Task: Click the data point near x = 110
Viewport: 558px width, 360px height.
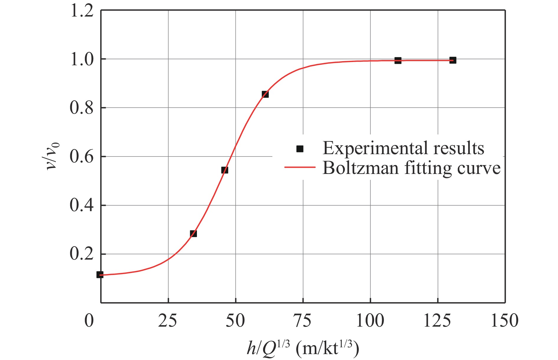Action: [x=398, y=61]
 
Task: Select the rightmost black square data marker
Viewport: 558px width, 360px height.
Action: [x=453, y=60]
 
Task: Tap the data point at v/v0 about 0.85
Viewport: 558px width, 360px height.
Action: [x=265, y=94]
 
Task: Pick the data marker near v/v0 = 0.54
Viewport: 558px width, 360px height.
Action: [x=225, y=170]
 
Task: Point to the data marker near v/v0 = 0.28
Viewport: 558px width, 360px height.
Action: [x=193, y=234]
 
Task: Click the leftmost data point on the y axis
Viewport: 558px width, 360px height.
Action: [x=100, y=275]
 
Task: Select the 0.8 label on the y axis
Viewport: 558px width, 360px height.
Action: [x=82, y=108]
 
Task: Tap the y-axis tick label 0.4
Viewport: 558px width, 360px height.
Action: [x=82, y=205]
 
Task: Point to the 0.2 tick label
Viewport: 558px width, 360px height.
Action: [x=82, y=254]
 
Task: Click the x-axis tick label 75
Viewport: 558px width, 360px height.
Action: [x=303, y=321]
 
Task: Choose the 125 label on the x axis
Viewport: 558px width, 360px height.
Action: [x=437, y=321]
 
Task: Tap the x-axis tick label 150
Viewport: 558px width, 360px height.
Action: [x=505, y=321]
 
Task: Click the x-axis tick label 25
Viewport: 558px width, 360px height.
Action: [x=168, y=321]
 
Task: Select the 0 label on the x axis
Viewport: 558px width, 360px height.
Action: [x=89, y=321]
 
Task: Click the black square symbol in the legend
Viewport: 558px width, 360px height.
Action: [x=300, y=149]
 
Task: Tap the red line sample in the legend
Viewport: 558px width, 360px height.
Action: [x=300, y=167]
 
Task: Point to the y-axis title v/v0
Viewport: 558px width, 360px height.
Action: [x=53, y=156]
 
